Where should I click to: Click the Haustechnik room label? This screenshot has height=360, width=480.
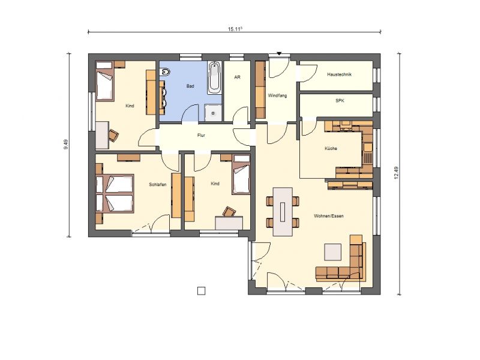coord(339,74)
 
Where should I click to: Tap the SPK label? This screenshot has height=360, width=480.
coord(340,100)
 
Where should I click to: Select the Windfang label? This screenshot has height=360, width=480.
coord(277,95)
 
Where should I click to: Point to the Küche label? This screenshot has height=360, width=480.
coord(331,148)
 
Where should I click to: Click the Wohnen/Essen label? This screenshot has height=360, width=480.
coord(329,216)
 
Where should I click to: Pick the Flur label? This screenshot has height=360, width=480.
coord(201,136)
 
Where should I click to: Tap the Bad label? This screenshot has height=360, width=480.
coord(190,86)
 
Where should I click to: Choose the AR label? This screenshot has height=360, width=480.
coord(237,77)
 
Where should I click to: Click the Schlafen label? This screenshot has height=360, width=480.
coord(158,184)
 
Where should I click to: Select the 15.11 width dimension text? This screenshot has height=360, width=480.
coord(235,29)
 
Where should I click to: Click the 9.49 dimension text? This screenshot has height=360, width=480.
coord(66,145)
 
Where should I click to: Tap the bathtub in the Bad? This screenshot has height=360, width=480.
coord(214,78)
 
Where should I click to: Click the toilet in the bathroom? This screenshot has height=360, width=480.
coord(165,72)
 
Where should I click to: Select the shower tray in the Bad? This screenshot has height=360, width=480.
coord(213,113)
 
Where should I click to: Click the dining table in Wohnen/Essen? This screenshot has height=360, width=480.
coord(283,212)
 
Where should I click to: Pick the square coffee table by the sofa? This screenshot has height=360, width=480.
coord(333,252)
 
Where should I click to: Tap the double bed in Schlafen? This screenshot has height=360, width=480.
coord(115,193)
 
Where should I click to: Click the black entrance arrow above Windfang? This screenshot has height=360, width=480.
coord(279,54)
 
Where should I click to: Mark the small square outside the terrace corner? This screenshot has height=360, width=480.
coord(201,291)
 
